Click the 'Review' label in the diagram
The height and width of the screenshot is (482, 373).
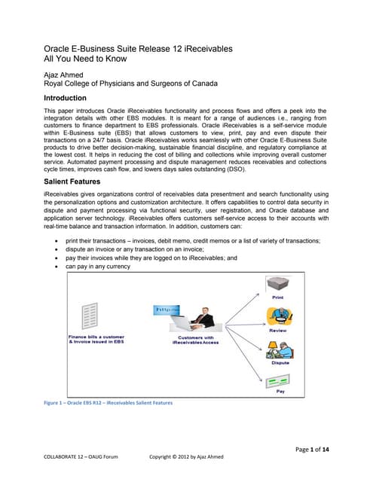point(276,331)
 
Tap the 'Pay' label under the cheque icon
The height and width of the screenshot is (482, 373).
point(281,392)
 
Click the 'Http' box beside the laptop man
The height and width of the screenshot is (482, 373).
point(162,310)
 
